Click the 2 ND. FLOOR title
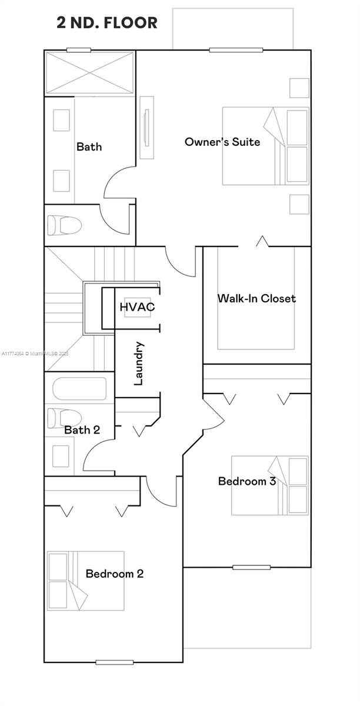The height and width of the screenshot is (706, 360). click(107, 23)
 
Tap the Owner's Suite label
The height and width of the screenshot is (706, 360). click(222, 142)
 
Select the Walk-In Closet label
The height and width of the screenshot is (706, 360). click(256, 298)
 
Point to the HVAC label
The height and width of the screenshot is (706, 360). click(137, 307)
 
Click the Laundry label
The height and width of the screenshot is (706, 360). click(139, 364)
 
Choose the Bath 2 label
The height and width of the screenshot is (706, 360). click(82, 430)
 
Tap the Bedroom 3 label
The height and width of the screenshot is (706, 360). click(247, 481)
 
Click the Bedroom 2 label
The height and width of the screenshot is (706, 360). click(114, 574)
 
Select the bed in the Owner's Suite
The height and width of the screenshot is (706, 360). click(265, 146)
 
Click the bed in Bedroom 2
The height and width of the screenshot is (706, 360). click(86, 581)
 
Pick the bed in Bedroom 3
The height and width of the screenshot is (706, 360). click(269, 485)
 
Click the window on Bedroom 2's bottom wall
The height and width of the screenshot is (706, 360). click(114, 662)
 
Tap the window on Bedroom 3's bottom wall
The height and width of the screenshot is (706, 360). click(251, 567)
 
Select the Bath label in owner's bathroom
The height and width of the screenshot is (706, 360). click(89, 146)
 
